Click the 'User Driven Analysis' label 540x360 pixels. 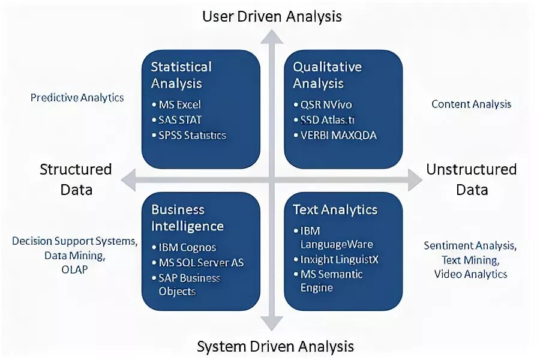272,16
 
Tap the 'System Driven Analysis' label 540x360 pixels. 275,346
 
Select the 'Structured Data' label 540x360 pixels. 76,179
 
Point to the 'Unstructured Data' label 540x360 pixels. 472,179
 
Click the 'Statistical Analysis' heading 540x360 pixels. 181,75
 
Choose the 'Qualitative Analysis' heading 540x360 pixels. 328,75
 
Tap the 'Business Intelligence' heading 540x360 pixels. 187,218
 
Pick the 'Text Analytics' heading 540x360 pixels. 335,209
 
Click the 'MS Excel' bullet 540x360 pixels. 179,104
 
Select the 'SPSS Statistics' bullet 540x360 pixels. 192,135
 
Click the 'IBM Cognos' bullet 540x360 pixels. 187,247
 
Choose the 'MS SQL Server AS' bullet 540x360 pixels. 201,262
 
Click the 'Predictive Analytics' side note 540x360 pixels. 77,97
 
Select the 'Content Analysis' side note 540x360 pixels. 472,104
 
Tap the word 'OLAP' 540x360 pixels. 74,269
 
